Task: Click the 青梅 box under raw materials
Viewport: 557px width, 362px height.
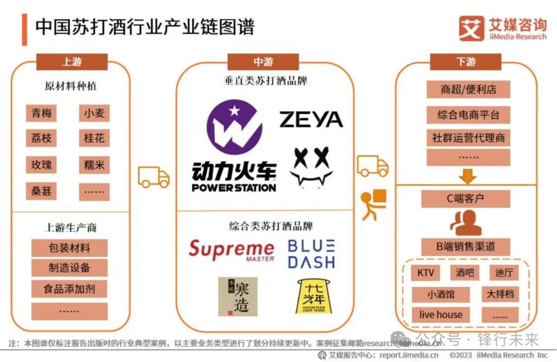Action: pos(41,113)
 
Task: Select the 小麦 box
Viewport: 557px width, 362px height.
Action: pos(94,113)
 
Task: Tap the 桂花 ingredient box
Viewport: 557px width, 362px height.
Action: pos(94,138)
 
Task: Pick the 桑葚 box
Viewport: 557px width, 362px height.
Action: pos(41,191)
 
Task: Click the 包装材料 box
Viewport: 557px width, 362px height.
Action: pos(70,248)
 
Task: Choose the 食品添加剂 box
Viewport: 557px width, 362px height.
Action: pos(70,288)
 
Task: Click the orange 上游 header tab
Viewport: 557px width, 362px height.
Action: pos(72,62)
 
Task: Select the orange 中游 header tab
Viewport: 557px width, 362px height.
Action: pos(263,62)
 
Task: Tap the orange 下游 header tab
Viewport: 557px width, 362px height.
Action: pos(466,62)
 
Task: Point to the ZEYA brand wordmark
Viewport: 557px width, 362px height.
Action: pos(311,120)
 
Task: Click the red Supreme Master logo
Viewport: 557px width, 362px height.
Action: pos(231,250)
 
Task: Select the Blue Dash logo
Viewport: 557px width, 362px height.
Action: pos(311,254)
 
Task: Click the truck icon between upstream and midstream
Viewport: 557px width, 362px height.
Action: pos(154,177)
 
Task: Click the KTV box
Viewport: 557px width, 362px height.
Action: pos(425,273)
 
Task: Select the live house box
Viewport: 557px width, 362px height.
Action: pos(440,315)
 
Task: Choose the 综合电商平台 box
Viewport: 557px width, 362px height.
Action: pos(468,114)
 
